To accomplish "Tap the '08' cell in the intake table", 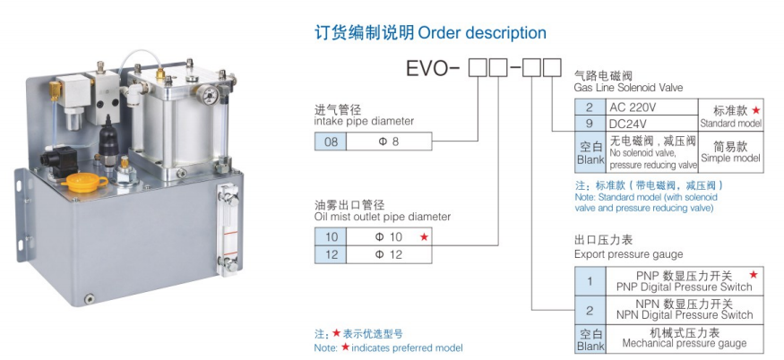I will (331, 141).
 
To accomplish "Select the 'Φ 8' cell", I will (389, 141).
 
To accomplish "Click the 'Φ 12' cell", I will (389, 253).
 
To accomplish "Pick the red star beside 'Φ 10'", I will (424, 236).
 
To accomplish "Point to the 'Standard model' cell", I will (731, 114).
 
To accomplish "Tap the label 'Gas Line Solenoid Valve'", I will (628, 88).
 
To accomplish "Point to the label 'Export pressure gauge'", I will (628, 254).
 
